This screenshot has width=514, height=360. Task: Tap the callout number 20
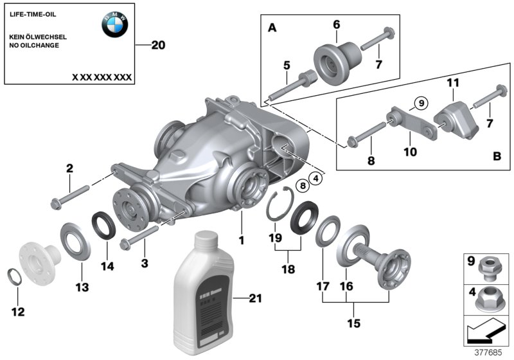pyautogui.click(x=158, y=45)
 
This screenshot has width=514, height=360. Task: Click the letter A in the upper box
pyautogui.click(x=272, y=28)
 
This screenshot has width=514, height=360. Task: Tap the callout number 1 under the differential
pyautogui.click(x=242, y=240)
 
